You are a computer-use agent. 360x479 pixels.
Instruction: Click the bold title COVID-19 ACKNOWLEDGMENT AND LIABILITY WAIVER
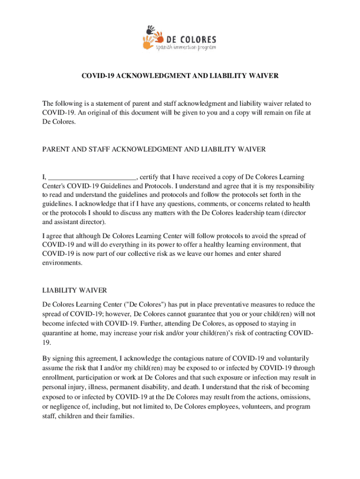[180, 75]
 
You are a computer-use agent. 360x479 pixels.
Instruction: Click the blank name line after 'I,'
[92, 177]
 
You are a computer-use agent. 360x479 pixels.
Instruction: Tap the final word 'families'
[121, 415]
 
